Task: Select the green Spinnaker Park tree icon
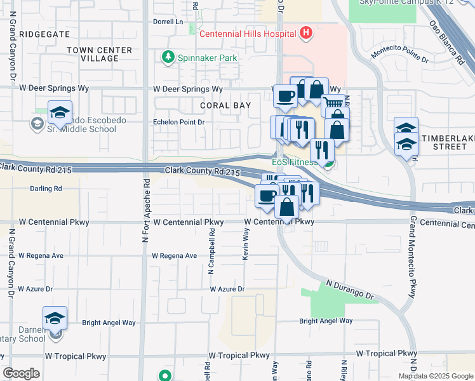tap(168, 58)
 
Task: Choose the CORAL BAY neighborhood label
tap(225, 105)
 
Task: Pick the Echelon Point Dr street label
tap(178, 122)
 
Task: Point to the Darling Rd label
tap(46, 189)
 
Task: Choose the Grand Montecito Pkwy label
tap(413, 257)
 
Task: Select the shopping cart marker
tap(333, 104)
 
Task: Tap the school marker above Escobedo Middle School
tap(60, 112)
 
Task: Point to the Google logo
tap(22, 373)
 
